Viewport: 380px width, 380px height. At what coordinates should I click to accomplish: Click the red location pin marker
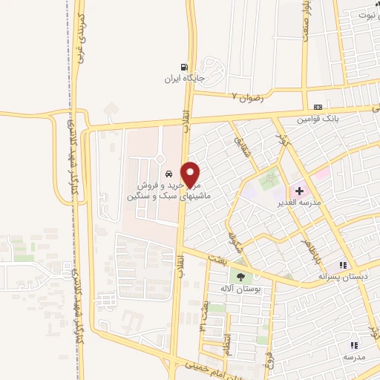click(x=191, y=174)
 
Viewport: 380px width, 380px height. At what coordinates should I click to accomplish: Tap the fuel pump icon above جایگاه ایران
click(x=184, y=65)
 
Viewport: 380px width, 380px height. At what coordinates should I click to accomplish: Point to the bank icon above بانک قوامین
click(x=318, y=107)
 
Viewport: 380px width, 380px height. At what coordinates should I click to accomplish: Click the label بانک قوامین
click(x=318, y=118)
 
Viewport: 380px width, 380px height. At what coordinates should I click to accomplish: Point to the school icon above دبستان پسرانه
click(x=342, y=265)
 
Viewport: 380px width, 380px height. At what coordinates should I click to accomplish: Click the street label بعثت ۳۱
click(x=204, y=315)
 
